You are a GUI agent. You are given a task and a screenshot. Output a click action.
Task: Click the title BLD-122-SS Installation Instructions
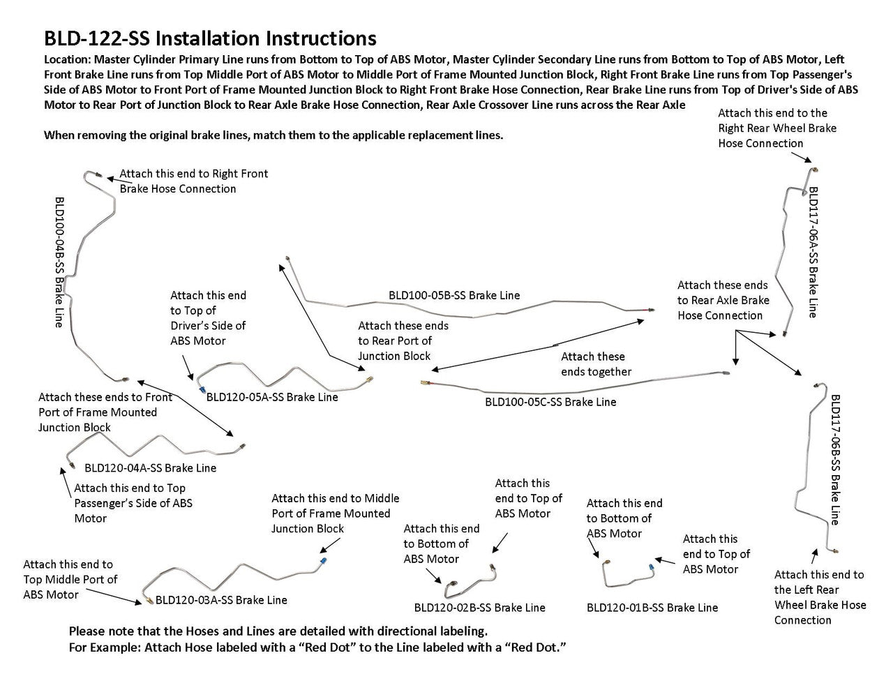pyautogui.click(x=210, y=38)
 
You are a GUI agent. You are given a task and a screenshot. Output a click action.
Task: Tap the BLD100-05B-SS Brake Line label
pyautogui.click(x=454, y=295)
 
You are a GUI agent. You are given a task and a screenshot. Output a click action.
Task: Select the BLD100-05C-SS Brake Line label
pyautogui.click(x=550, y=402)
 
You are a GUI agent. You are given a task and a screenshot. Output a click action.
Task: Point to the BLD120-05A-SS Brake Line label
pyautogui.click(x=272, y=397)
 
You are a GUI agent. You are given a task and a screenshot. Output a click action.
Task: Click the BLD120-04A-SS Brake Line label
pyautogui.click(x=150, y=468)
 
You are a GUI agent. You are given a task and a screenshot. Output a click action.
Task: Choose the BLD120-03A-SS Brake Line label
pyautogui.click(x=221, y=600)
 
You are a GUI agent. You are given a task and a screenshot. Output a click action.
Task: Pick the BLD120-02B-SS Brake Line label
pyautogui.click(x=479, y=608)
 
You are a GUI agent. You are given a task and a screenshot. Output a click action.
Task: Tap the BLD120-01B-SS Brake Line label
pyautogui.click(x=652, y=608)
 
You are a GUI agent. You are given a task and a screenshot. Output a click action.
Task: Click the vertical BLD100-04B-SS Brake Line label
pyautogui.click(x=59, y=262)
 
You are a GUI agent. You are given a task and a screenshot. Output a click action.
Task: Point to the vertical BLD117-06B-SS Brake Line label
pyautogui.click(x=835, y=460)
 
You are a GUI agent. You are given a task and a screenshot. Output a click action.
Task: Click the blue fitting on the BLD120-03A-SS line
pyautogui.click(x=322, y=560)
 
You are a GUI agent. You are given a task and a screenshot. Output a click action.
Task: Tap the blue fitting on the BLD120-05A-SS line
pyautogui.click(x=201, y=389)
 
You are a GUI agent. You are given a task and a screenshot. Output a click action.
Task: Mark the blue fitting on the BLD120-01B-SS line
pyautogui.click(x=651, y=567)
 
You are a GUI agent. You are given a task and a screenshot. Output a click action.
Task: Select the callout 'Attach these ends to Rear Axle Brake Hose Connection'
pyautogui.click(x=723, y=300)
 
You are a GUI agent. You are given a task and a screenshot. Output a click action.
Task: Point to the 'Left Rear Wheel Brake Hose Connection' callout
pyautogui.click(x=820, y=597)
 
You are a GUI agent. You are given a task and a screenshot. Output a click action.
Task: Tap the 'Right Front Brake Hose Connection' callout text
pyautogui.click(x=193, y=181)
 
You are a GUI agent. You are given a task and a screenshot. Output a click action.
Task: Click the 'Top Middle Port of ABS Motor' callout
pyautogui.click(x=70, y=579)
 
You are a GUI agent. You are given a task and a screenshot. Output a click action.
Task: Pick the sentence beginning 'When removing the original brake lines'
pyautogui.click(x=273, y=135)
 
